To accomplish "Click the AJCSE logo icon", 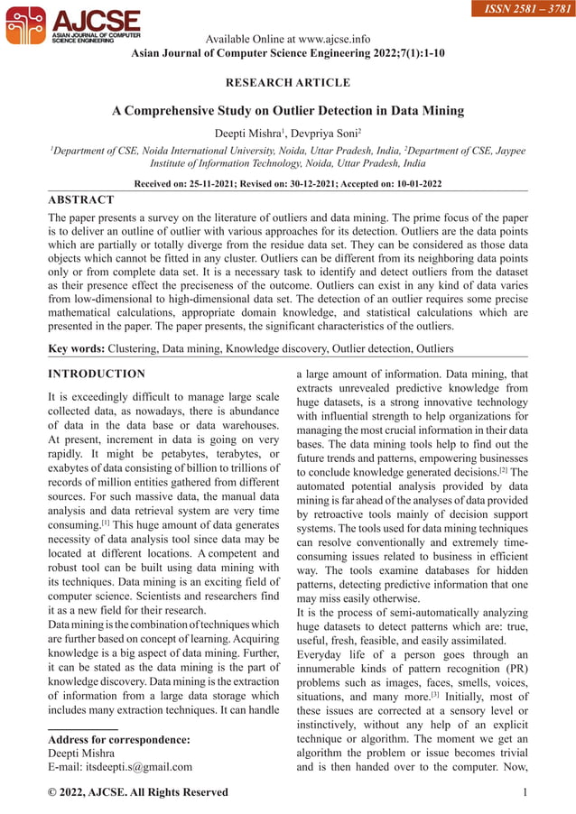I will click(x=24, y=26).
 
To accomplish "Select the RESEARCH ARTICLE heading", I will click(x=287, y=83).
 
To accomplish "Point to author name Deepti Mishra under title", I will click(x=249, y=134).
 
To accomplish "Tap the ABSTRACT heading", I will click(x=81, y=199).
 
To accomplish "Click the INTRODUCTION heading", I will click(x=96, y=374).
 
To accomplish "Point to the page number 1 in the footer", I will click(x=525, y=792).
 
